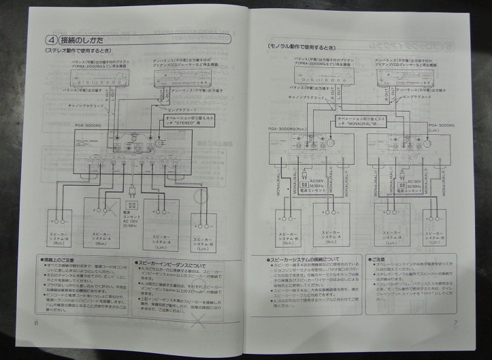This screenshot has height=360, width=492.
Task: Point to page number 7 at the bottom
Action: click(456, 323)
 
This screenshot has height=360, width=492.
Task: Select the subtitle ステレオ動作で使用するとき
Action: click(73, 51)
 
